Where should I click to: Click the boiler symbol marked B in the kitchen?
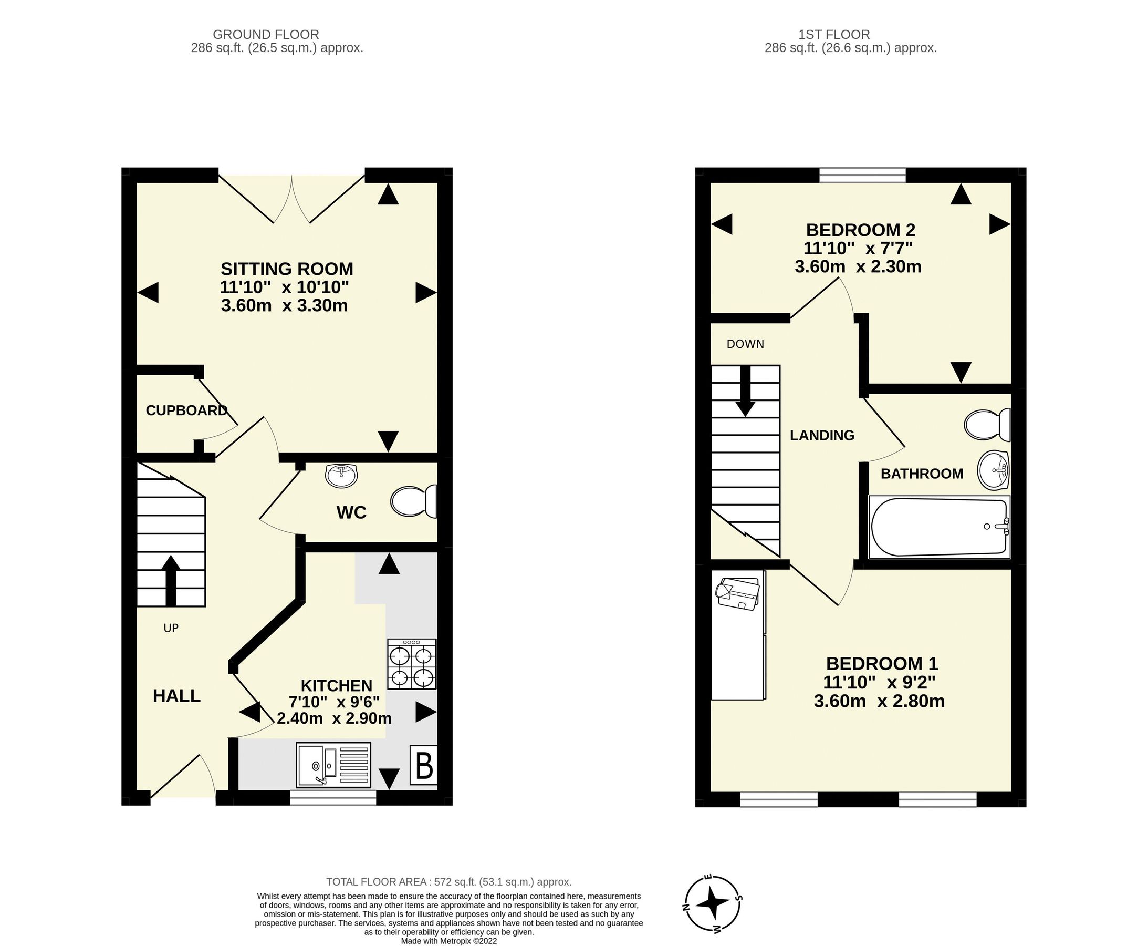424,765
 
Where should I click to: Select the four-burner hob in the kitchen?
412,664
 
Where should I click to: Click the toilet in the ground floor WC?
413,501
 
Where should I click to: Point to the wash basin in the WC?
341,476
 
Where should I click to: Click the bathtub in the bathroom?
939,527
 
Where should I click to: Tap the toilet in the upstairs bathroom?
987,425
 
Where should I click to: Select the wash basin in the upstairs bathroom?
994,470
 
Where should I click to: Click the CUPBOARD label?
186,410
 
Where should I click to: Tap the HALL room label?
176,696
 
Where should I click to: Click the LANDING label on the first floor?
822,435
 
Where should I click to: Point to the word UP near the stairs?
171,628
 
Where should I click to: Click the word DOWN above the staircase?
745,344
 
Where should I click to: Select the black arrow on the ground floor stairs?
171,580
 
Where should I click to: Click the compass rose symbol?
712,903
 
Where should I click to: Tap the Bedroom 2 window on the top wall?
863,175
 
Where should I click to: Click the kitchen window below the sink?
333,798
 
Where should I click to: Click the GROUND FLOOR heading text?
266,34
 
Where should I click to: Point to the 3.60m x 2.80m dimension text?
879,701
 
